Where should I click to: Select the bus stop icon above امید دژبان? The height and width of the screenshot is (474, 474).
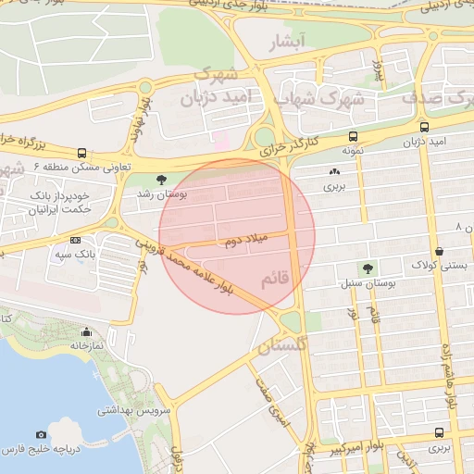[x=424, y=127]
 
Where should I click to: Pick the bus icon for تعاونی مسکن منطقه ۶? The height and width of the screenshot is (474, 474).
[x=82, y=152]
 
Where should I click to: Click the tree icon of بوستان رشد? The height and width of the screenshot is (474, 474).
[x=162, y=180]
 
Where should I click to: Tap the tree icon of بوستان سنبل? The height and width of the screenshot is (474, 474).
[x=368, y=268]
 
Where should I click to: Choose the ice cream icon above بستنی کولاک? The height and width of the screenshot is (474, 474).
[x=438, y=251]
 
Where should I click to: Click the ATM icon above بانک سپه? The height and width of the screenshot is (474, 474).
[x=75, y=239]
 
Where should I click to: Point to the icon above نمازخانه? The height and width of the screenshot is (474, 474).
[x=87, y=331]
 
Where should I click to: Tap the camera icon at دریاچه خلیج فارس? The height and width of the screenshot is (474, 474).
[x=41, y=434]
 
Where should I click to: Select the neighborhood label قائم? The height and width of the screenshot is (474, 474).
[x=277, y=277]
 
